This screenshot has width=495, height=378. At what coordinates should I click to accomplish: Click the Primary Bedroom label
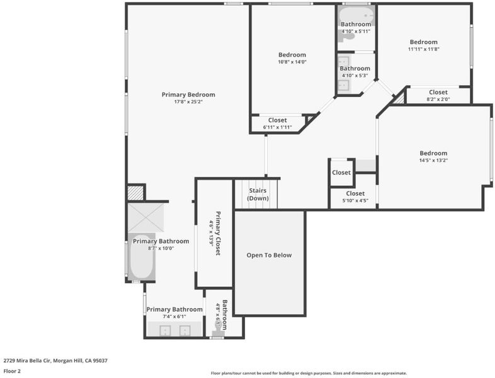(188, 94)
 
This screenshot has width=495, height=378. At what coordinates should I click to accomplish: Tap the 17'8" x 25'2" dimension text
(188, 101)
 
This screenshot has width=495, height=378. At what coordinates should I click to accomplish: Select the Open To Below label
(269, 255)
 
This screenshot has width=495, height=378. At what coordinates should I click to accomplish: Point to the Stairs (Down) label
(258, 195)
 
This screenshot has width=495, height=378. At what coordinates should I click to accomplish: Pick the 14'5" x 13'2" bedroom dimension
(433, 160)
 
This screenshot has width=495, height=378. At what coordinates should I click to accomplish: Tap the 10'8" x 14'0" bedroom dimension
(292, 62)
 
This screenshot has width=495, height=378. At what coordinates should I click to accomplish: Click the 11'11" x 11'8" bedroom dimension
(424, 49)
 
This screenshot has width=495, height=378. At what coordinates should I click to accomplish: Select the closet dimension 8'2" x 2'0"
(438, 99)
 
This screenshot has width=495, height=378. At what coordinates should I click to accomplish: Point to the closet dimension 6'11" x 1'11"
(277, 127)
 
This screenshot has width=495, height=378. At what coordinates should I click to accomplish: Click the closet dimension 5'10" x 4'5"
(355, 200)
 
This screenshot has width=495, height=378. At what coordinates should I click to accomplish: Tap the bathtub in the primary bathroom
(142, 256)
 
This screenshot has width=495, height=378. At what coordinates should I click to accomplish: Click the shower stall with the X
(145, 217)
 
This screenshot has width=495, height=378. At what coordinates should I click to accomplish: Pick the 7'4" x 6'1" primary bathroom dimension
(174, 316)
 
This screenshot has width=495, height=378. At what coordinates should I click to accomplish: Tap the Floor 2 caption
(12, 371)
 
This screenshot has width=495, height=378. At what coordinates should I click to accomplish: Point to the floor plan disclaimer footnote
(309, 373)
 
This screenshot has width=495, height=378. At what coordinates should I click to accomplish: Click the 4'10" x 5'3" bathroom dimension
(355, 76)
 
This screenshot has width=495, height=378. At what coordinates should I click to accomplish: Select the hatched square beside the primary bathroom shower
(135, 193)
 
